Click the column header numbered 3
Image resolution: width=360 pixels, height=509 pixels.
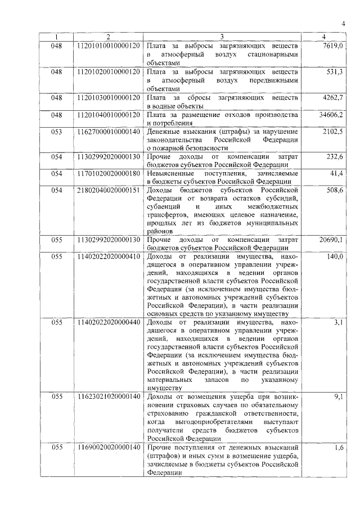[x=222, y=37]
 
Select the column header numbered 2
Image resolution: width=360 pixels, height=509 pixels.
[x=107, y=37]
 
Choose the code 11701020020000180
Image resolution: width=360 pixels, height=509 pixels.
[x=107, y=173]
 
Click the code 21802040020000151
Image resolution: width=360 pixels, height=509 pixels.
[x=107, y=191]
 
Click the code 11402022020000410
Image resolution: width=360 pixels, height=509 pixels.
[x=107, y=257]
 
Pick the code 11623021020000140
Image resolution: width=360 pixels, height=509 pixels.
[x=107, y=397]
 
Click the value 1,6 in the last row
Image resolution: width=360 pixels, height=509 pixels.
[x=338, y=447]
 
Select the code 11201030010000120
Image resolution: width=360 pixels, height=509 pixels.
[x=107, y=98]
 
